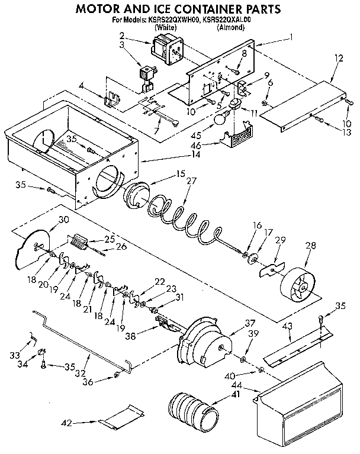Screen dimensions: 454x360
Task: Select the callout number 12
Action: pos(339,59)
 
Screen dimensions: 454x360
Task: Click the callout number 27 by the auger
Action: pos(191,182)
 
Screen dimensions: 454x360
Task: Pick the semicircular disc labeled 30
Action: pos(33,250)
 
